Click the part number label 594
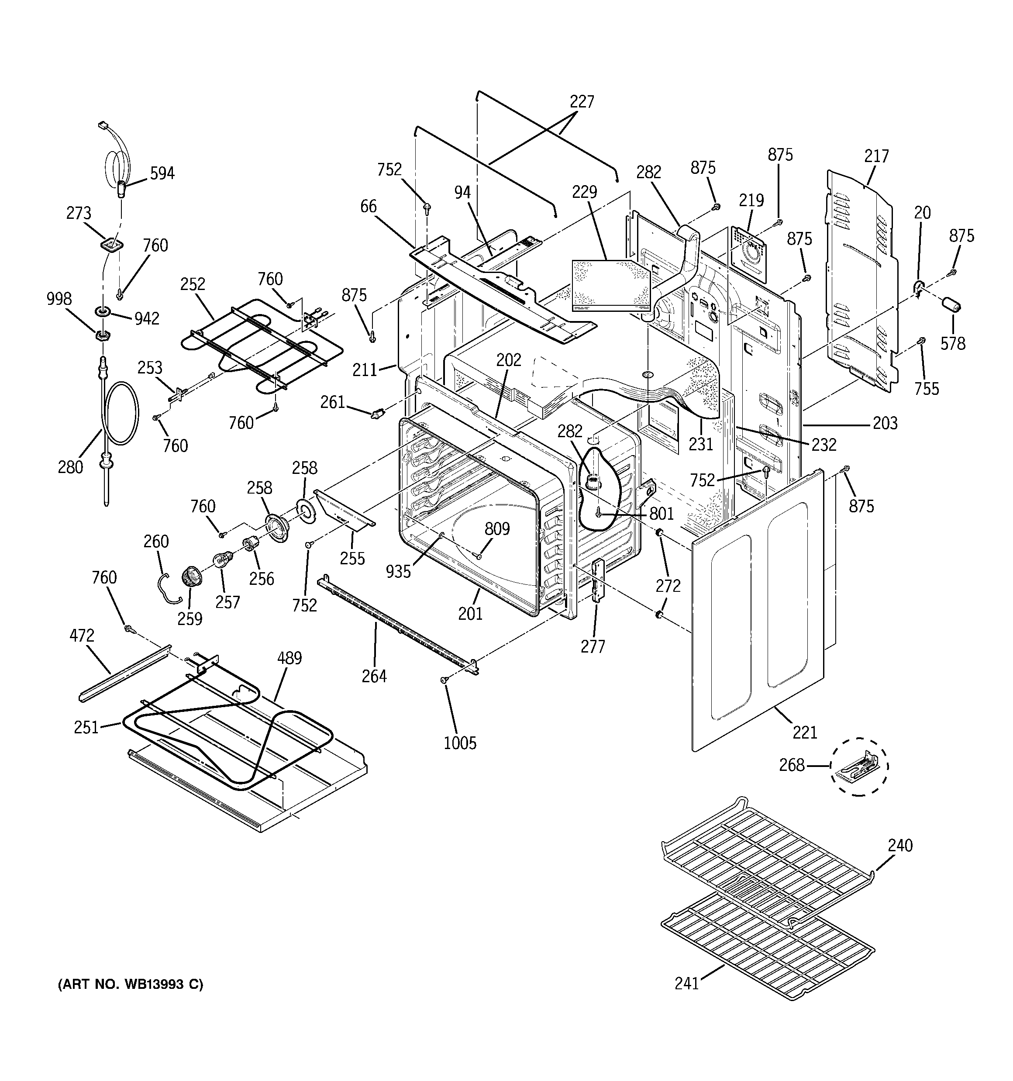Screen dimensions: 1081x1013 [x=162, y=173]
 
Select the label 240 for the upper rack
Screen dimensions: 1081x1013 [x=900, y=845]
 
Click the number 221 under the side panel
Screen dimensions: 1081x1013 [x=805, y=732]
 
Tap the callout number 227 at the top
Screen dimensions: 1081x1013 [x=581, y=102]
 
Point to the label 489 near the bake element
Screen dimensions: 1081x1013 [x=289, y=658]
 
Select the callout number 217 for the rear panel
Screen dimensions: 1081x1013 [x=876, y=157]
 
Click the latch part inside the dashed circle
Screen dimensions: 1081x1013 [x=858, y=766]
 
